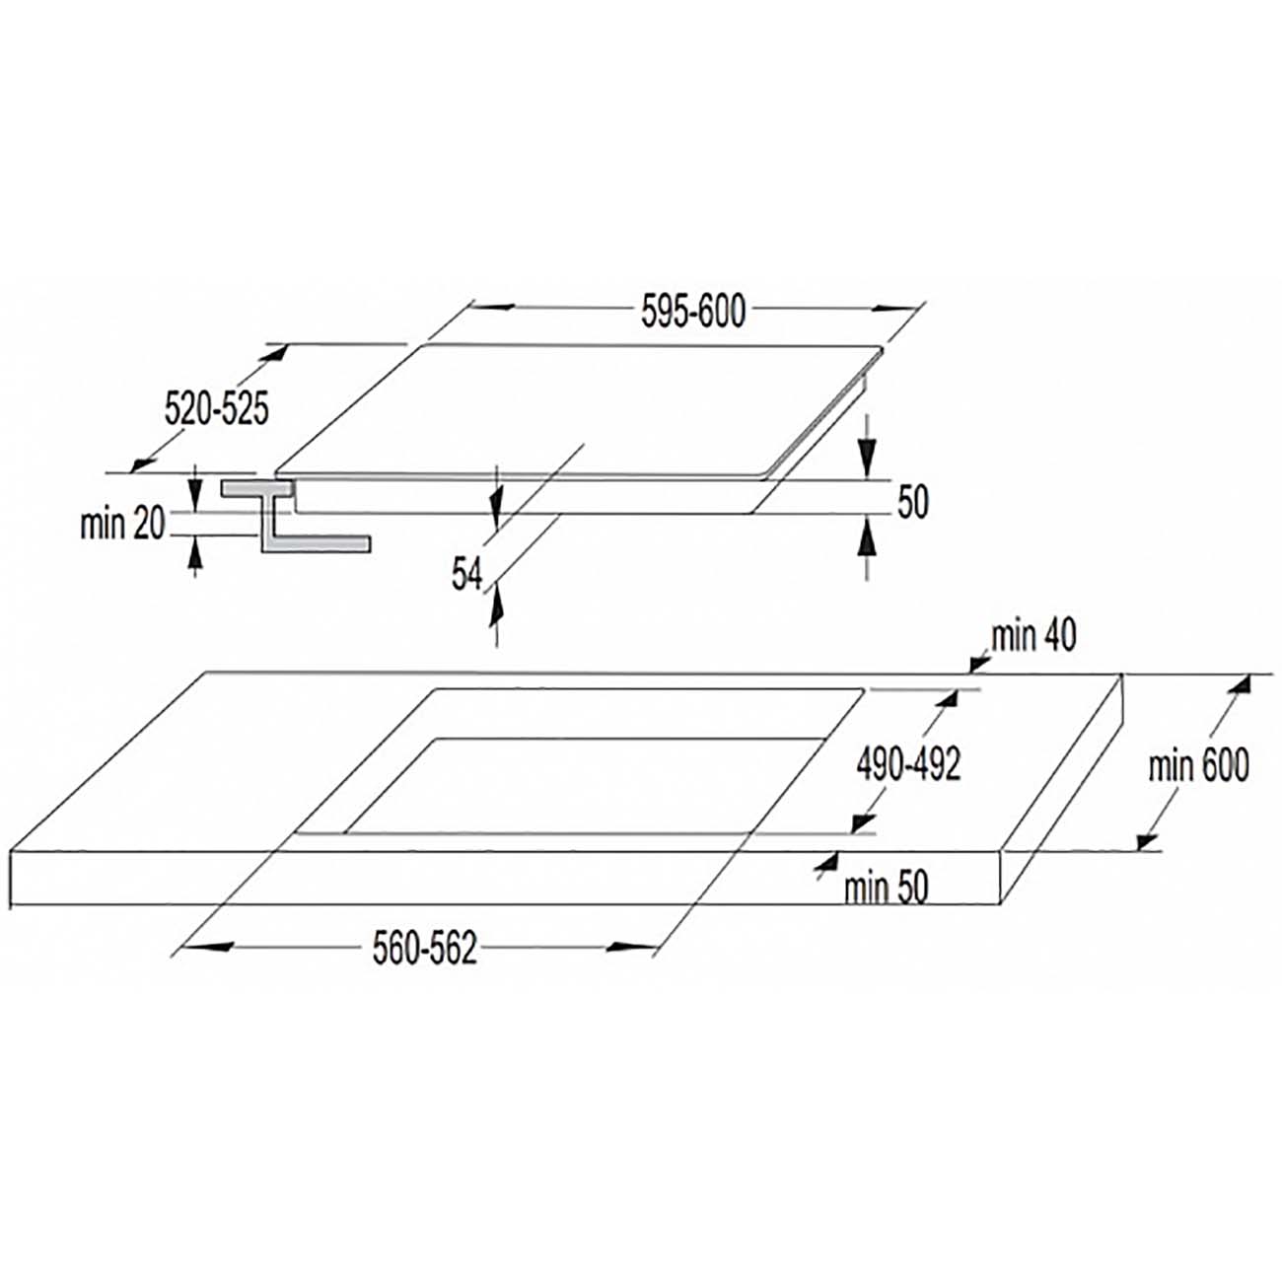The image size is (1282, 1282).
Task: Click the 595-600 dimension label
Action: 693,312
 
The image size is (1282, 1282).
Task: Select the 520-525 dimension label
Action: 217,408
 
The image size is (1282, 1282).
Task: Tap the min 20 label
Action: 121,525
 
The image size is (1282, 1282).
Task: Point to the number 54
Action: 466,574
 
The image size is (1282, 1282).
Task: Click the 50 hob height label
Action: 913,502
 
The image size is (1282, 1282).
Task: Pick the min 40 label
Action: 1033,637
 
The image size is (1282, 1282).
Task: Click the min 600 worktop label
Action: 1199,765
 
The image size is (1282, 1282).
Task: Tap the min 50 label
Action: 886,888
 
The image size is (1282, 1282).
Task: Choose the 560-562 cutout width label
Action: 424,948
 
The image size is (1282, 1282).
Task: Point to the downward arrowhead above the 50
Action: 866,459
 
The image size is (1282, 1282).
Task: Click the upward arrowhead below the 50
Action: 866,537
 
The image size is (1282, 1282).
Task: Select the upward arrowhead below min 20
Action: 194,553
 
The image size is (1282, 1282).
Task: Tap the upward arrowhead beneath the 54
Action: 495,605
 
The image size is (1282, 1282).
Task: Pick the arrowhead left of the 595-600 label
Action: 493,306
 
